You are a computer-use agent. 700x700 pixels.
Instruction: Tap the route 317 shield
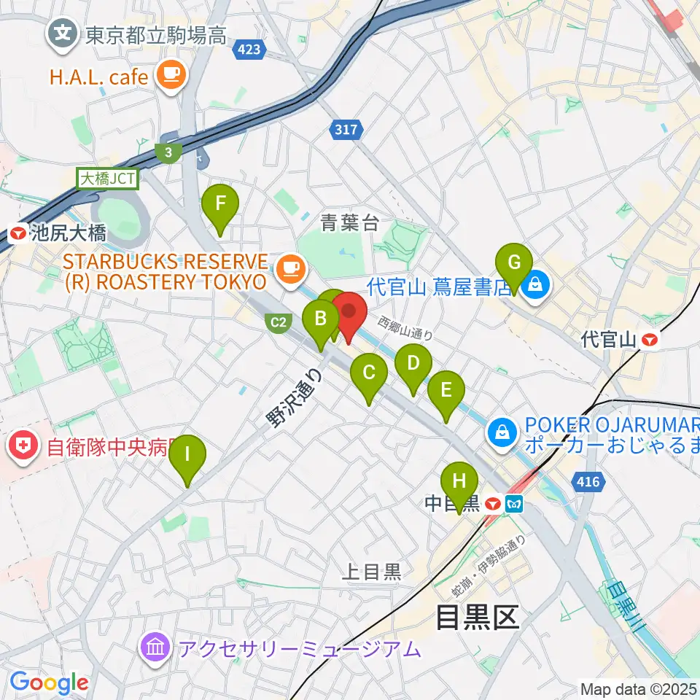[347, 130]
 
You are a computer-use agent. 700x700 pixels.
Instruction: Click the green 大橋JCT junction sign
[102, 178]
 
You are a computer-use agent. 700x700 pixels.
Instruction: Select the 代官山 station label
[619, 339]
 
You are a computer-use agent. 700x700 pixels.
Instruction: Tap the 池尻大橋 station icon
[17, 234]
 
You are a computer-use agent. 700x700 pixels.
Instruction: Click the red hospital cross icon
[24, 446]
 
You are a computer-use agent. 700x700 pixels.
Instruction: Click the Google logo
[49, 683]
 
